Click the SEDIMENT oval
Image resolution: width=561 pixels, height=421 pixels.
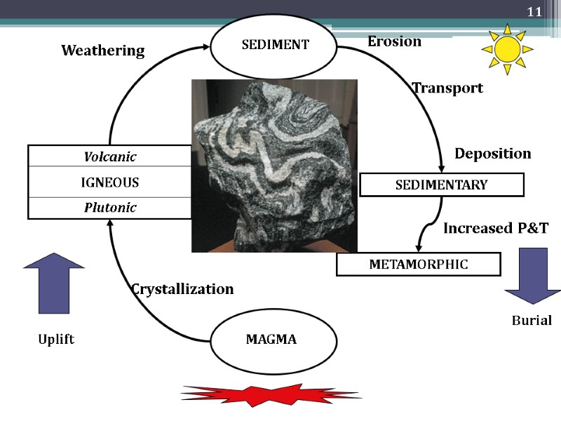pos(275,45)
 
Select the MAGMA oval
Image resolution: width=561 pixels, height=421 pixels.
pos(271,340)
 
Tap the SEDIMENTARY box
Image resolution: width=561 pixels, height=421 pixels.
pos(441,185)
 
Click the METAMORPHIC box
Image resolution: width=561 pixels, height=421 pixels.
pos(418,265)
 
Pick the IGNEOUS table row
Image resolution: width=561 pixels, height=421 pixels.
pos(110,182)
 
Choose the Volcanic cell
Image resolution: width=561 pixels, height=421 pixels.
pos(110,156)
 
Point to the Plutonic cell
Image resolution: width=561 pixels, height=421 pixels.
pos(110,208)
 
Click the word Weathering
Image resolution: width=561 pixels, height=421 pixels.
pos(102,51)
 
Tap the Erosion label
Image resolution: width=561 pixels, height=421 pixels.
pos(394,41)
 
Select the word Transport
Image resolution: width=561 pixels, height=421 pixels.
pos(447,88)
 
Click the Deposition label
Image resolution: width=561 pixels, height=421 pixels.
pos(493,153)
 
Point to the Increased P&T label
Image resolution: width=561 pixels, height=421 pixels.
pos(495,228)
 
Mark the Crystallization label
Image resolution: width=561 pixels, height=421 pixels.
pos(182,289)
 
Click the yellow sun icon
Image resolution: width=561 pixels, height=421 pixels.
pos(506,48)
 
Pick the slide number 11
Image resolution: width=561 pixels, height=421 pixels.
pos(534,12)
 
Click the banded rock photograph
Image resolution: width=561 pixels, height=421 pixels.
pos(274,166)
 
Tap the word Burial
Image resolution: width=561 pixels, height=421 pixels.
pos(532,321)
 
